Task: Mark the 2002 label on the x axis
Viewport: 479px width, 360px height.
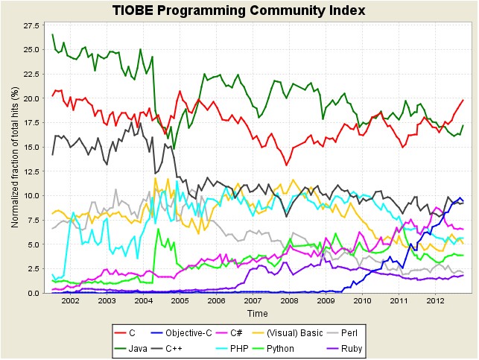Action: coord(70,301)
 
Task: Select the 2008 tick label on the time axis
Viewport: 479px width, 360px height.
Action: coord(289,301)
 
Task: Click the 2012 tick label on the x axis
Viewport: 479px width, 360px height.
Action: coord(435,301)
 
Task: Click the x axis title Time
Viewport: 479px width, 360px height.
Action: coord(258,314)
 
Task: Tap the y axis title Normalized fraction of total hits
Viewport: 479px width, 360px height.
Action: coord(15,158)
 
